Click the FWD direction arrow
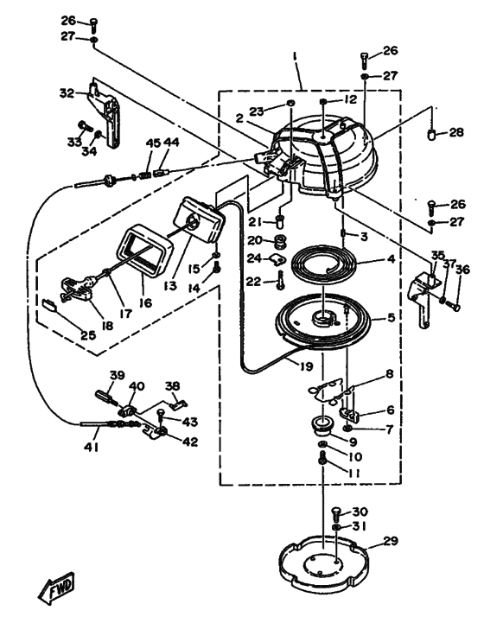point(56,588)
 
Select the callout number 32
point(67,93)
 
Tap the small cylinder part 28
point(431,134)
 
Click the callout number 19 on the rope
point(306,366)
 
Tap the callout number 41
point(91,447)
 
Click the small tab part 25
point(49,304)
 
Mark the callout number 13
point(170,285)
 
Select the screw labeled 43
point(162,416)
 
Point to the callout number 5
point(391,317)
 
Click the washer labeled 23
point(291,104)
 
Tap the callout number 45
point(154,143)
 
